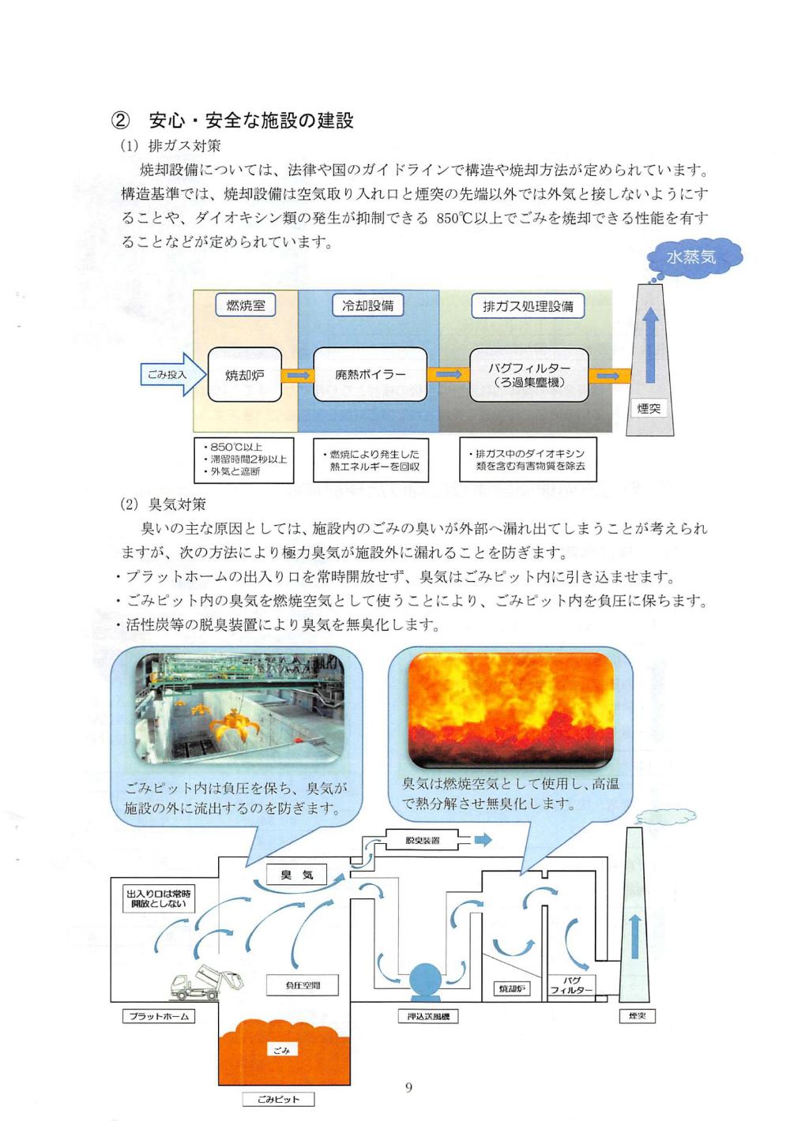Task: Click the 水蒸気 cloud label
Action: coord(690,258)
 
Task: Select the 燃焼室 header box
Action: coord(246,306)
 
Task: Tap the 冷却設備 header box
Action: coord(367,306)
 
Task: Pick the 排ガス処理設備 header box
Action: coord(528,306)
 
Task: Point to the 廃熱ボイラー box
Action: coord(370,375)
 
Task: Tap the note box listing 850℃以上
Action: coord(243,459)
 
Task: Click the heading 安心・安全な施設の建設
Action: coord(250,120)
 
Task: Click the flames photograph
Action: coord(510,710)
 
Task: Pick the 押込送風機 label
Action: coord(427,1016)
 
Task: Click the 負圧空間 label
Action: coord(303,985)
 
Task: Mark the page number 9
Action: coord(408,1088)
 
